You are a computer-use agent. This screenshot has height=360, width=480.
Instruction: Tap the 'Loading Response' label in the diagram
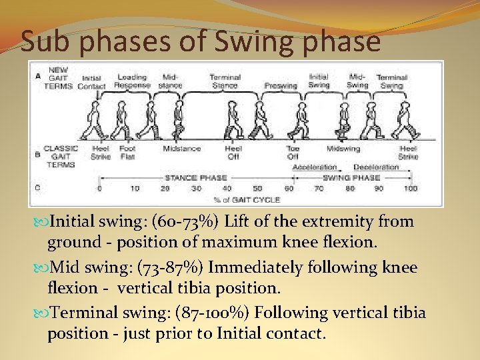131,81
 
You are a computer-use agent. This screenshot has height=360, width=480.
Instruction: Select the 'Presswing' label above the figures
281,85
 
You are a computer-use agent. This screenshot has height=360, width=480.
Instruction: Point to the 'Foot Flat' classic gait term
127,153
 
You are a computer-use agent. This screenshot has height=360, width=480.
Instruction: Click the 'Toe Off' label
293,153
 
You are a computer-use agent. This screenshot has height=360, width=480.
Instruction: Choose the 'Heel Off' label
233,153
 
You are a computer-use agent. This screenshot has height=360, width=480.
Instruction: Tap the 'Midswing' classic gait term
343,149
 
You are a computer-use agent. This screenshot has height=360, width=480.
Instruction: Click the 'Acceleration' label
315,167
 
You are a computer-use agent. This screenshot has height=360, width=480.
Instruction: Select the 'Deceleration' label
376,167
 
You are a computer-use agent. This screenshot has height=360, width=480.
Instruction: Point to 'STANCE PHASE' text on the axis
196,178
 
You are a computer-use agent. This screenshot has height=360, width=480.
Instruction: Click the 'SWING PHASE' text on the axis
351,178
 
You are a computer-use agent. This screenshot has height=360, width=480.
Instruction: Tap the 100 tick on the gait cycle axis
411,189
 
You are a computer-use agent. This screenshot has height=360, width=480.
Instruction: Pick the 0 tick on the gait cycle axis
100,189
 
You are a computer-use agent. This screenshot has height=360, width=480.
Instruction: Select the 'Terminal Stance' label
225,81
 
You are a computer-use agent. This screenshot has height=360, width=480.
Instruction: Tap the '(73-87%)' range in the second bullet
172,268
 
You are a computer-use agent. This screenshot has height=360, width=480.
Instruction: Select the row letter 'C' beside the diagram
37,188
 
